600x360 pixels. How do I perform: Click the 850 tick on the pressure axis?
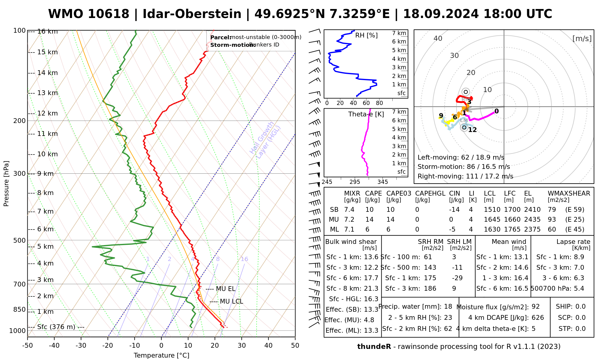point(20,309)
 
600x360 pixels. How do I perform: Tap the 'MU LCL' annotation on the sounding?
point(231,301)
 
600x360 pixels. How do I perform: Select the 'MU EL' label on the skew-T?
point(226,289)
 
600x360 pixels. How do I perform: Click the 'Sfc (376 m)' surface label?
point(56,327)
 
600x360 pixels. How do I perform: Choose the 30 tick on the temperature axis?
point(241,345)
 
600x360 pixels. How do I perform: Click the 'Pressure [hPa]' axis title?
point(6,184)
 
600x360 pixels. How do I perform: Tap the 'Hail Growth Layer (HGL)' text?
point(265,140)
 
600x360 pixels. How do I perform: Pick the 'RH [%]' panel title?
point(366,35)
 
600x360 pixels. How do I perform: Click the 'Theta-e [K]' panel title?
point(366,114)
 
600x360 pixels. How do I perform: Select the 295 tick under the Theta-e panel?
point(355,182)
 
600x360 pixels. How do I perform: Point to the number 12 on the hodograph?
point(472,130)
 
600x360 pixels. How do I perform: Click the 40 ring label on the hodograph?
point(438,38)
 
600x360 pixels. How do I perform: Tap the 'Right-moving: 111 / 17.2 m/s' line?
point(465,176)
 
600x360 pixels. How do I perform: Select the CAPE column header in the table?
point(373,193)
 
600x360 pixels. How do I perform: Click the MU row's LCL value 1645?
point(492,220)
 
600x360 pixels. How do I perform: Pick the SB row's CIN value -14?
point(454,210)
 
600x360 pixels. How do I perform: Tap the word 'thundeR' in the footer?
point(374,347)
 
